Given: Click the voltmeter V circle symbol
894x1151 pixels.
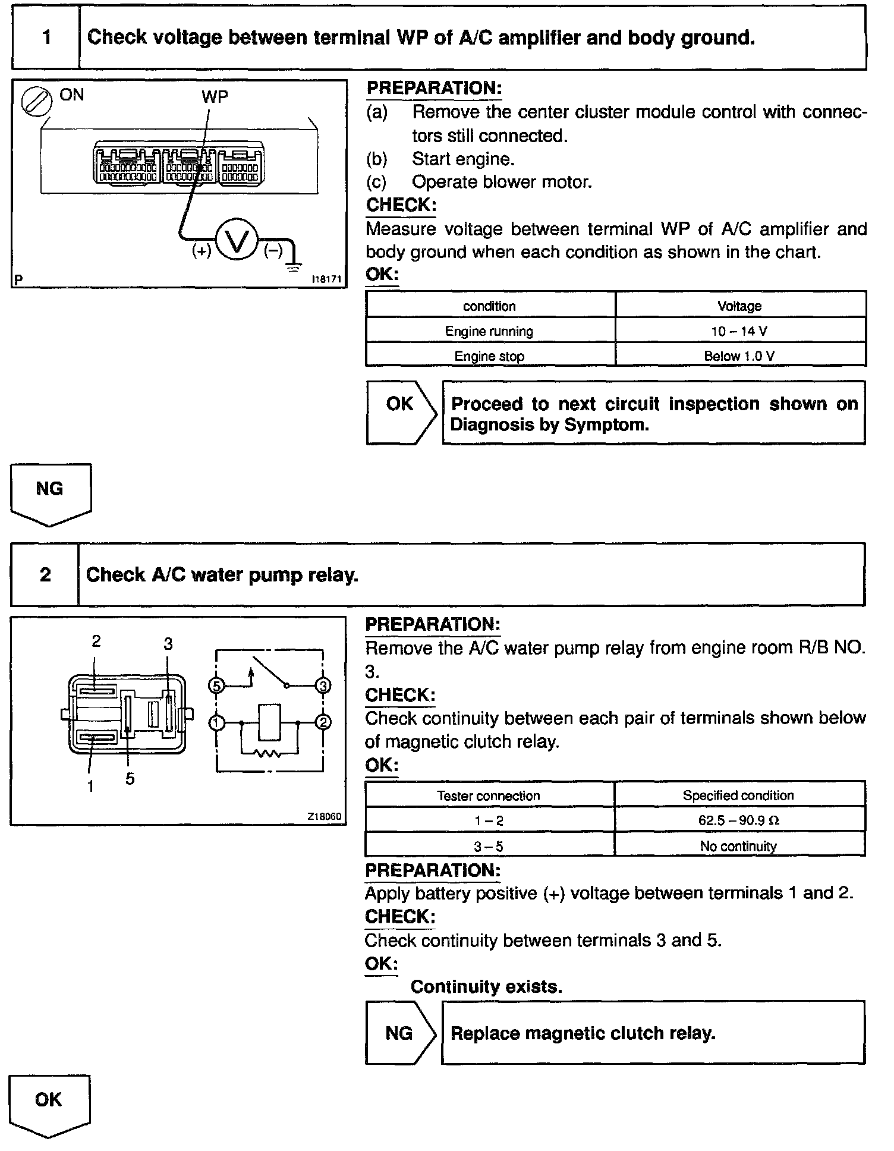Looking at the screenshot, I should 236,241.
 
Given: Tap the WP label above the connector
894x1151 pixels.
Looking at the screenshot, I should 215,97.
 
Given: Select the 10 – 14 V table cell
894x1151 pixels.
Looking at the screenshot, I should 740,331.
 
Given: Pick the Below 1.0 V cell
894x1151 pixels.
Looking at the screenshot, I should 740,356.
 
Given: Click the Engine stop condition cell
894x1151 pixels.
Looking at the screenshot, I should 489,356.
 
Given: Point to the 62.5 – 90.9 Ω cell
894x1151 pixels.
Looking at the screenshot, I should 739,820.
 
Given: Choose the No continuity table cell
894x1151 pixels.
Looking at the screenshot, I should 739,846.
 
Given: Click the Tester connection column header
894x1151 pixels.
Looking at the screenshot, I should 489,795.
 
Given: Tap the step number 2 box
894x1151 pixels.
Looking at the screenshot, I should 45,575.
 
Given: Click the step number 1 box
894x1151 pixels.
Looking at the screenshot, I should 46,37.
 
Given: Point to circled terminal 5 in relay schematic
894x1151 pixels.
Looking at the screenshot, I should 216,686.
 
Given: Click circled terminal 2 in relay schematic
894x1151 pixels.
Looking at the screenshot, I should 323,723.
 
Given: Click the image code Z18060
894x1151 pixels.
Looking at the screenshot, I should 324,817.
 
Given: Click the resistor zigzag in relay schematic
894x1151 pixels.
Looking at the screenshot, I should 269,754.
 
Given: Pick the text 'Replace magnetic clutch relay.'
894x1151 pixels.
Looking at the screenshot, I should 583,1033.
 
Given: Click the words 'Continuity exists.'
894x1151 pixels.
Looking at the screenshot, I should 486,987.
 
